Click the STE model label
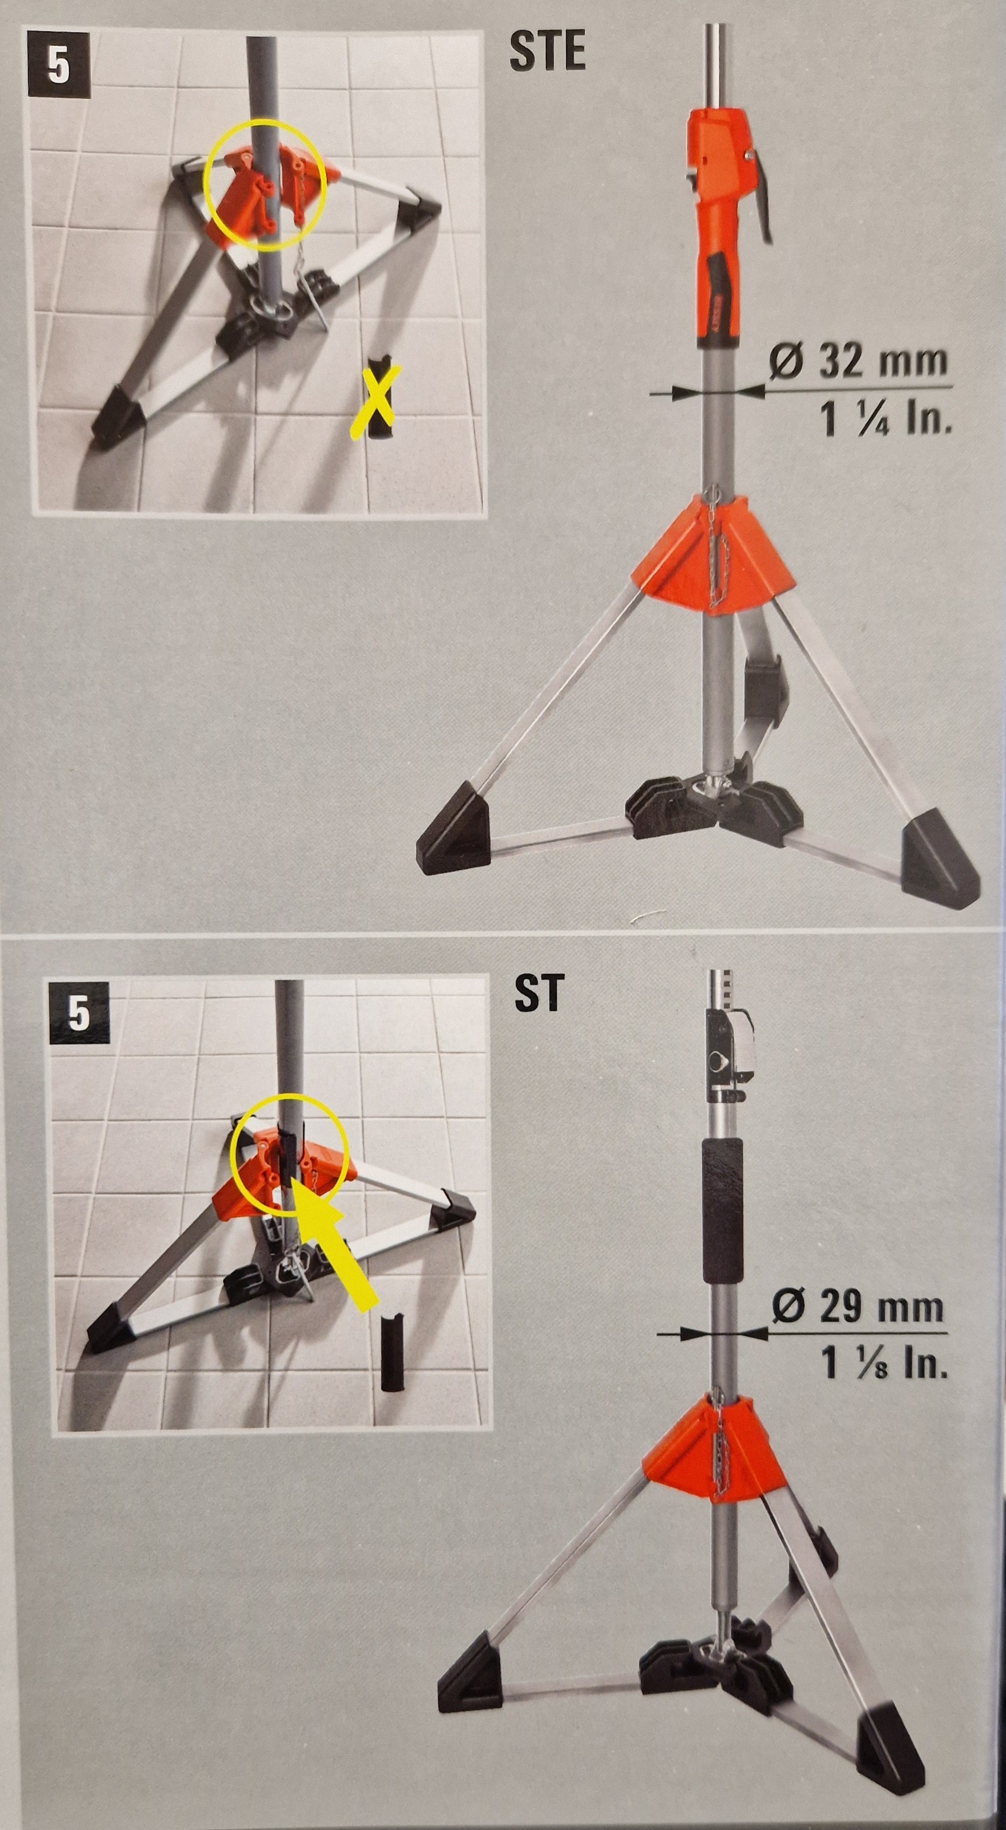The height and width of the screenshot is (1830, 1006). [x=548, y=51]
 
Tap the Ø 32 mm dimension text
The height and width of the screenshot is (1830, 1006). [x=859, y=361]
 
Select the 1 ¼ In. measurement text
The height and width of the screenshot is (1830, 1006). [x=885, y=417]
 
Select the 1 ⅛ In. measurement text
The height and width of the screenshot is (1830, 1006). [x=884, y=1362]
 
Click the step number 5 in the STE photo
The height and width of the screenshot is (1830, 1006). [x=58, y=65]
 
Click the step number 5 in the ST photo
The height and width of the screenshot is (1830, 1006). [x=79, y=1012]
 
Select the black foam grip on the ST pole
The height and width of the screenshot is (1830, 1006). [x=721, y=1212]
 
